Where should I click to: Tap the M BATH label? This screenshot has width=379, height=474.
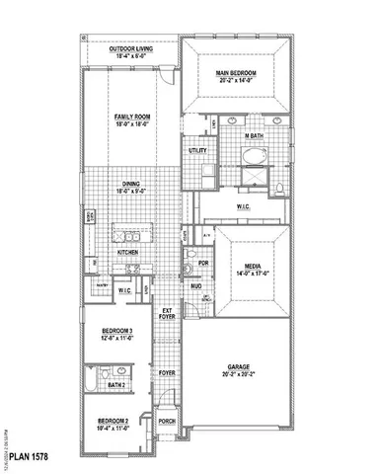click(253, 135)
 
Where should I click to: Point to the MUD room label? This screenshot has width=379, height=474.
click(195, 286)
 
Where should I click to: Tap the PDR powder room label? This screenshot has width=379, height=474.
click(202, 265)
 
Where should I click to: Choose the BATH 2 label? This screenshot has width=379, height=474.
click(116, 385)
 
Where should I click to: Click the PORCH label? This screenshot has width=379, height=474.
click(167, 422)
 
